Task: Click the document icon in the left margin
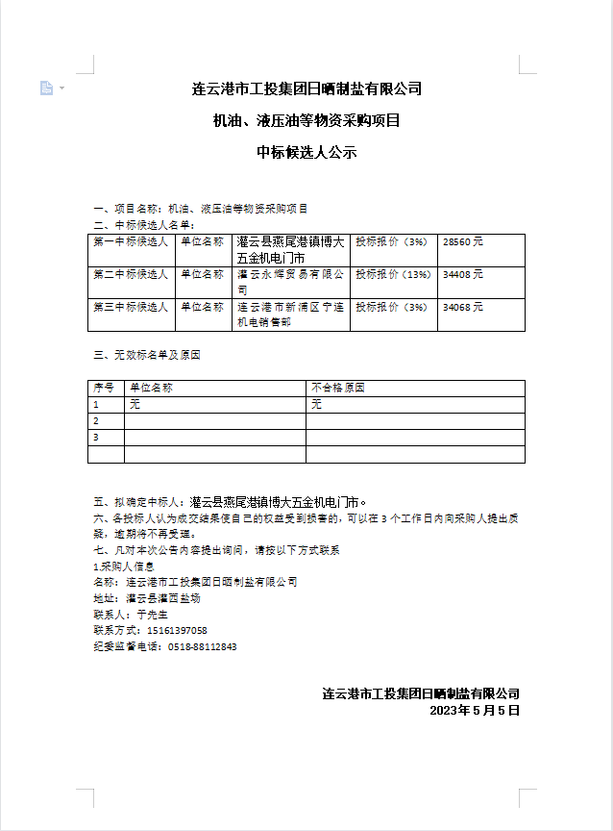click(x=46, y=88)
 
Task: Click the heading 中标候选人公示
click(x=306, y=152)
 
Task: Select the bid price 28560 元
click(x=463, y=243)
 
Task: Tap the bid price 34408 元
click(x=463, y=274)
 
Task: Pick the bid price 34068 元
click(x=463, y=307)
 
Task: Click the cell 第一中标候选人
click(x=131, y=243)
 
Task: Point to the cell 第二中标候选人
click(x=131, y=274)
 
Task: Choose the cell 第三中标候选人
click(x=131, y=307)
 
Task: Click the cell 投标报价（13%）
click(x=393, y=274)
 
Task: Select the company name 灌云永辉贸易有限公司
click(x=289, y=281)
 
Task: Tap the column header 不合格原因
click(x=338, y=388)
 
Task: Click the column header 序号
click(x=104, y=388)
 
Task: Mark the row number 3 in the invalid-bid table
click(x=96, y=437)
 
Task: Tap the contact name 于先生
click(x=152, y=614)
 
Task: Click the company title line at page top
click(x=306, y=89)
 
